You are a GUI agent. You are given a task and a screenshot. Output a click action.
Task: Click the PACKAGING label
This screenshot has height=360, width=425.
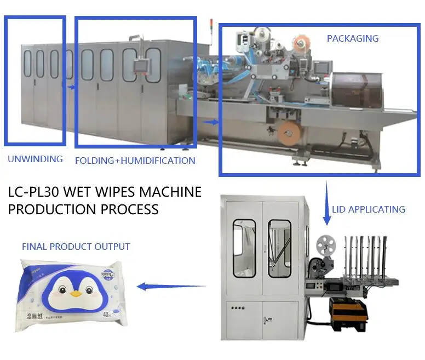[x=353, y=38]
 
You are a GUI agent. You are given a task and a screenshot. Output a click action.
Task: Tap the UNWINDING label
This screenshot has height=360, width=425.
[x=35, y=159]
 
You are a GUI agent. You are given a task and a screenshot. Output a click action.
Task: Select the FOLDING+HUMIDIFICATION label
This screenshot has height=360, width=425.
[x=135, y=161]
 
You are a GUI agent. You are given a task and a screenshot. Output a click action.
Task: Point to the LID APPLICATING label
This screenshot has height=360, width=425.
[x=369, y=209]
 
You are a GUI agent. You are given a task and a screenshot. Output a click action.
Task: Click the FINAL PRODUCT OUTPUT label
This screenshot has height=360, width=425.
[x=76, y=247]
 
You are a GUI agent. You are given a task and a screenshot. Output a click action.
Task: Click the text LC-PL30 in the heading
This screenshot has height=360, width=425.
[x=35, y=192]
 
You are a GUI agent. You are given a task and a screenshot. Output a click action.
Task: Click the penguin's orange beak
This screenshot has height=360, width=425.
[x=76, y=294]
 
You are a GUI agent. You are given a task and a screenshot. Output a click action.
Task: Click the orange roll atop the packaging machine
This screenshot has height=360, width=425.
[x=302, y=42]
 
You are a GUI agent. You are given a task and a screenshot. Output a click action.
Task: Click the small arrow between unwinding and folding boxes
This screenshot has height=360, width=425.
[x=70, y=86]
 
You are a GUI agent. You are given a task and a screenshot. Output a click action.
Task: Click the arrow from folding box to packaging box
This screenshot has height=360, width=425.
[x=209, y=122]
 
